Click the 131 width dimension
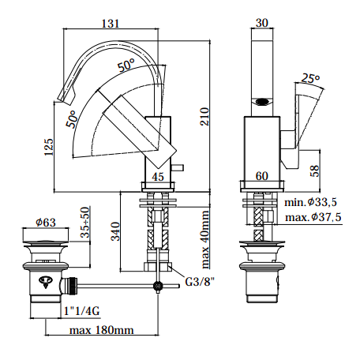[x=111, y=24]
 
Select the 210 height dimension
[x=204, y=116]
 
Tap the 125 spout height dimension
[x=49, y=147]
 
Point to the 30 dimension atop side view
[x=262, y=23]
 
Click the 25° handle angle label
[x=310, y=78]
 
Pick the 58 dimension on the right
[x=315, y=171]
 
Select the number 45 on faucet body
[x=158, y=177]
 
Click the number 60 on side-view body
[x=262, y=176]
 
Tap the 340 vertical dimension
[x=115, y=231]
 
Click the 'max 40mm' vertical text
[x=205, y=239]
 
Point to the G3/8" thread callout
[x=200, y=282]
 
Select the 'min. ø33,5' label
[x=310, y=202]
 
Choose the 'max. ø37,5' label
[x=313, y=217]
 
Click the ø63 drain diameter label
[x=46, y=223]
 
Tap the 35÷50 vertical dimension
[x=85, y=223]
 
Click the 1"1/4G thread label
[x=82, y=311]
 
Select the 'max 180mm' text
[x=101, y=330]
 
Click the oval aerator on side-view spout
[x=262, y=102]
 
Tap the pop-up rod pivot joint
[x=158, y=286]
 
